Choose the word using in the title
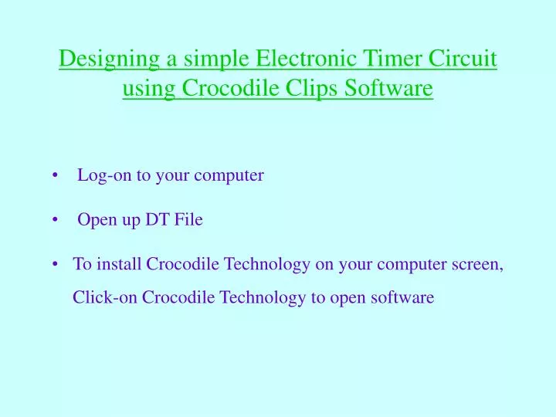[149, 90]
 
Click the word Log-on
[105, 175]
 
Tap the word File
[188, 220]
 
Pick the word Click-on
[105, 297]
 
